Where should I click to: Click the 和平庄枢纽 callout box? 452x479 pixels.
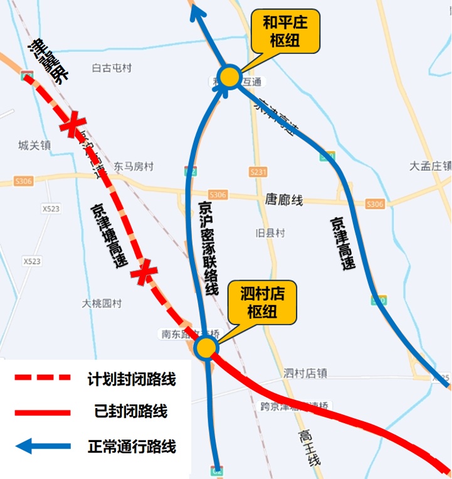click(285, 32)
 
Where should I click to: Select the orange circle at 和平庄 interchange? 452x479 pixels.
click(230, 77)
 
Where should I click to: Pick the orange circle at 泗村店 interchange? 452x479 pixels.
click(206, 347)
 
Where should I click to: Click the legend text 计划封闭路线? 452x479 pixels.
click(131, 379)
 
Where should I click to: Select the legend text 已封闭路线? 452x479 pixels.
click(131, 412)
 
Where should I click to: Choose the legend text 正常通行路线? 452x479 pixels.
click(132, 447)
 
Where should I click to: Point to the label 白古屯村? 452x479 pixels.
click(112, 68)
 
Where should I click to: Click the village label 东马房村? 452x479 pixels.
click(134, 166)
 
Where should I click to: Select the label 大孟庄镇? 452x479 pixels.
click(430, 166)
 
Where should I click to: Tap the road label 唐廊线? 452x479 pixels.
click(284, 200)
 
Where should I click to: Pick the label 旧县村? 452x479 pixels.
click(270, 233)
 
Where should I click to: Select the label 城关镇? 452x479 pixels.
click(34, 146)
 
